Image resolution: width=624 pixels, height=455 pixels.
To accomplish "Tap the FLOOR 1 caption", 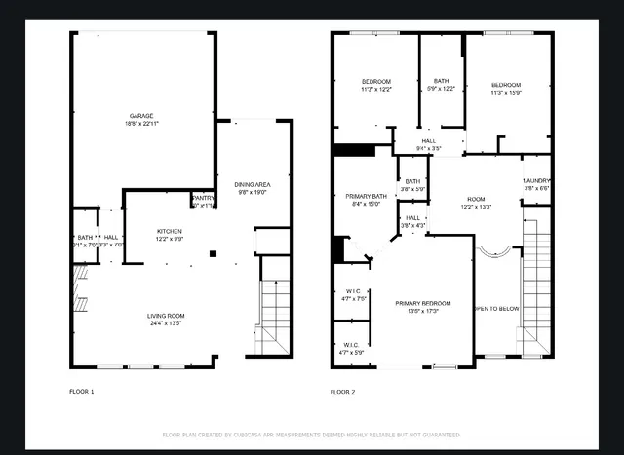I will (82, 391).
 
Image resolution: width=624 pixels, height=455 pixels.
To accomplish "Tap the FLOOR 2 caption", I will (342, 391).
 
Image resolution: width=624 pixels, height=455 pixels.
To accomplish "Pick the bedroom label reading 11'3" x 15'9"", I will (506, 88).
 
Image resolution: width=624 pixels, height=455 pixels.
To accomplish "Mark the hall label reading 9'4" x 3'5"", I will (429, 144).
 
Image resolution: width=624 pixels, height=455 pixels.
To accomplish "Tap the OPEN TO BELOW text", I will (496, 309).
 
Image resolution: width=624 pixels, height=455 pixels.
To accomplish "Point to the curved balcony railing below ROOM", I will (492, 251).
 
